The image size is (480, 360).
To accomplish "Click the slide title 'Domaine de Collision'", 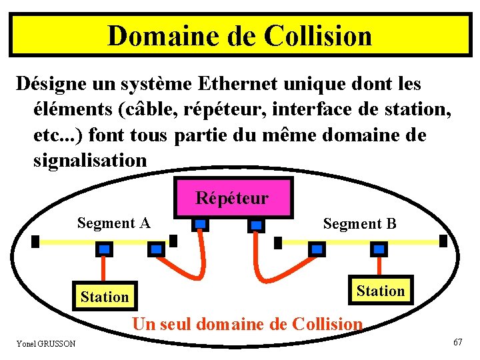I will pyautogui.click(x=239, y=35).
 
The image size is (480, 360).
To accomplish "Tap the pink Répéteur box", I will pyautogui.click(x=232, y=198).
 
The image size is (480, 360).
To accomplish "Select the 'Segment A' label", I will pyautogui.click(x=113, y=223).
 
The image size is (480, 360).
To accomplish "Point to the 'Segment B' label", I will pyautogui.click(x=359, y=224).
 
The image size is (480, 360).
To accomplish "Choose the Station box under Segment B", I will pyautogui.click(x=380, y=291).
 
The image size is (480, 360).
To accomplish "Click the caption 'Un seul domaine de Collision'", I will pyautogui.click(x=247, y=325).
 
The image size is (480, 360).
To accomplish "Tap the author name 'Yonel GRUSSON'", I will pyautogui.click(x=46, y=343).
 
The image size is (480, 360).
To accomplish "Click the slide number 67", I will pyautogui.click(x=457, y=342).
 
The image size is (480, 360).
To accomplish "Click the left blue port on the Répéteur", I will pyautogui.click(x=200, y=225).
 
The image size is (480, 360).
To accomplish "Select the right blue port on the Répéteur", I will pyautogui.click(x=256, y=225).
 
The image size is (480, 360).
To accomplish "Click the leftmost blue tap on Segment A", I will pyautogui.click(x=105, y=249).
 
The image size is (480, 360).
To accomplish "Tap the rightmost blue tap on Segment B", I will pyautogui.click(x=379, y=249).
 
